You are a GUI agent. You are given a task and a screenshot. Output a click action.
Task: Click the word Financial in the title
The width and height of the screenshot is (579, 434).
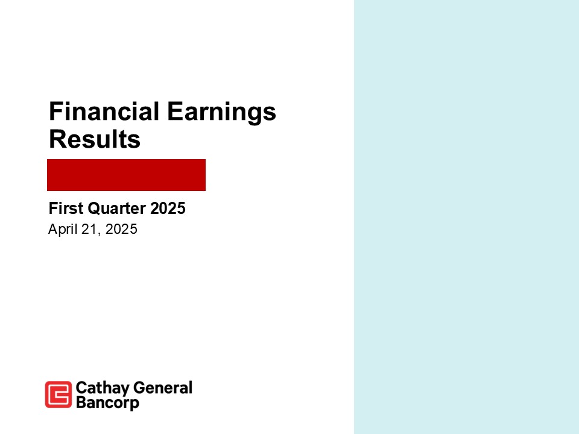pos(104,112)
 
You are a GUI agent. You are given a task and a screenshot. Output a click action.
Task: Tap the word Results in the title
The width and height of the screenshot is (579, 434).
pos(94,140)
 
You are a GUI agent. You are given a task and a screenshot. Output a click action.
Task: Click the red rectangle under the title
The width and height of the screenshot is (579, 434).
pos(127,175)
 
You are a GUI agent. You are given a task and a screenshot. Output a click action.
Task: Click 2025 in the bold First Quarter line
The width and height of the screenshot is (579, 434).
pos(168,209)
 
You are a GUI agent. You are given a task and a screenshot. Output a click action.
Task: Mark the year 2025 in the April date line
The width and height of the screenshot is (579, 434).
pos(121,230)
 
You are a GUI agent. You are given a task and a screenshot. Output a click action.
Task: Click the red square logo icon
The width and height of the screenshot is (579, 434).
pos(59,395)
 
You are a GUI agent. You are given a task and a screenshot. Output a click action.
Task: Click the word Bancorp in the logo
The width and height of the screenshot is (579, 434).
pos(107,403)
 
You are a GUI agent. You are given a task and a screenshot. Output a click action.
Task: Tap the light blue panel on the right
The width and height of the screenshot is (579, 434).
pos(466,217)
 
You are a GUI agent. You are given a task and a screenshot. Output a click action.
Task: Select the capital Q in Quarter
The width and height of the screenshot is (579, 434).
pos(92,209)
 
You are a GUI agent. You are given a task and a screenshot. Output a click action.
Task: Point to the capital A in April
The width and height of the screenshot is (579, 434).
pos(52,230)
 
